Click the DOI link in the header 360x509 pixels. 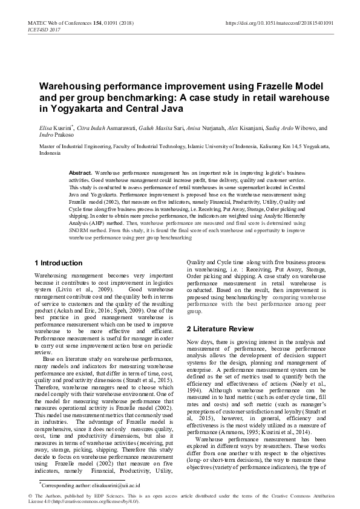(x=278, y=22)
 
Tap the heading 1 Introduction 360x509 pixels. (x=58, y=263)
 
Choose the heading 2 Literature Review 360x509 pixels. (x=220, y=329)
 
